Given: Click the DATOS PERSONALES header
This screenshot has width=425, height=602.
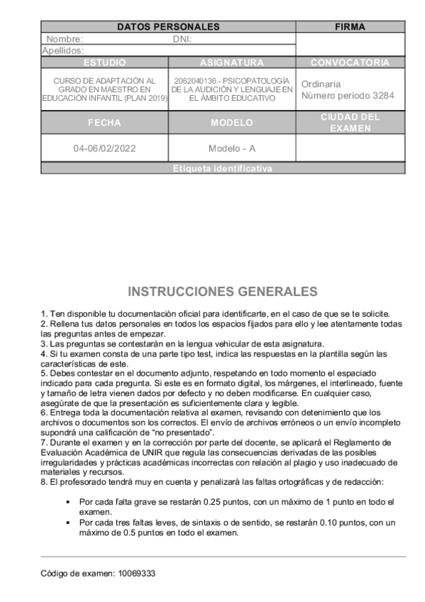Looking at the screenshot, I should click(168, 27).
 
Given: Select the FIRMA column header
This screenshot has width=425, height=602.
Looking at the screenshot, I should click(349, 27).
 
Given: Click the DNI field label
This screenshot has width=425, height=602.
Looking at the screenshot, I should click(182, 39).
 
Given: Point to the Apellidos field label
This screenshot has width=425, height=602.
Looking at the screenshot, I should click(63, 50).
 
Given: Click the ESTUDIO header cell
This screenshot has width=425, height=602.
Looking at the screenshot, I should click(104, 62).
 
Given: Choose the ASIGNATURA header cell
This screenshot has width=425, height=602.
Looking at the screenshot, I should click(232, 62).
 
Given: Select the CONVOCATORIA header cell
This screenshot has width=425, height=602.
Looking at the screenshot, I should click(350, 62).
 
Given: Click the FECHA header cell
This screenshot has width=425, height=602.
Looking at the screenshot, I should click(104, 122).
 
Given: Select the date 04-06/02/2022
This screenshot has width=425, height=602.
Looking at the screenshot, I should click(104, 149).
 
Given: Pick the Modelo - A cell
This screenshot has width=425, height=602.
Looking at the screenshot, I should click(232, 149).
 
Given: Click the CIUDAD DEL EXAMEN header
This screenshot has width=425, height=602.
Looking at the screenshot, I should click(350, 122).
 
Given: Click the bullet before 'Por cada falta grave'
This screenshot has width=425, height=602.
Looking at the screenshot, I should click(67, 501).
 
